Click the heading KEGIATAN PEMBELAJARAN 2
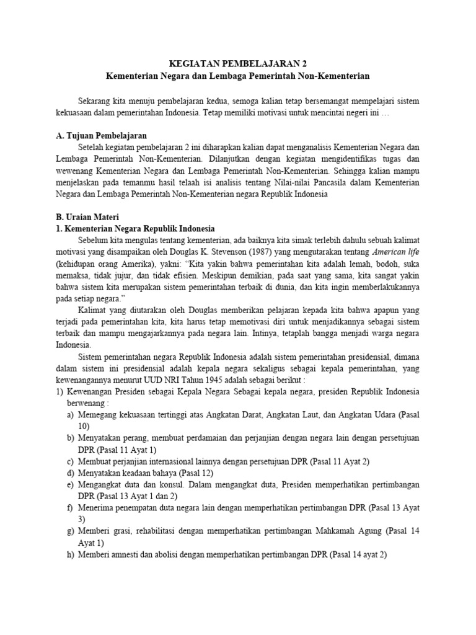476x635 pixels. (238, 64)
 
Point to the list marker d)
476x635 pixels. (71, 473)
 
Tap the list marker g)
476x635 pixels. (71, 531)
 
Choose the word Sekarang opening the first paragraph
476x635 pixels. (97, 100)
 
